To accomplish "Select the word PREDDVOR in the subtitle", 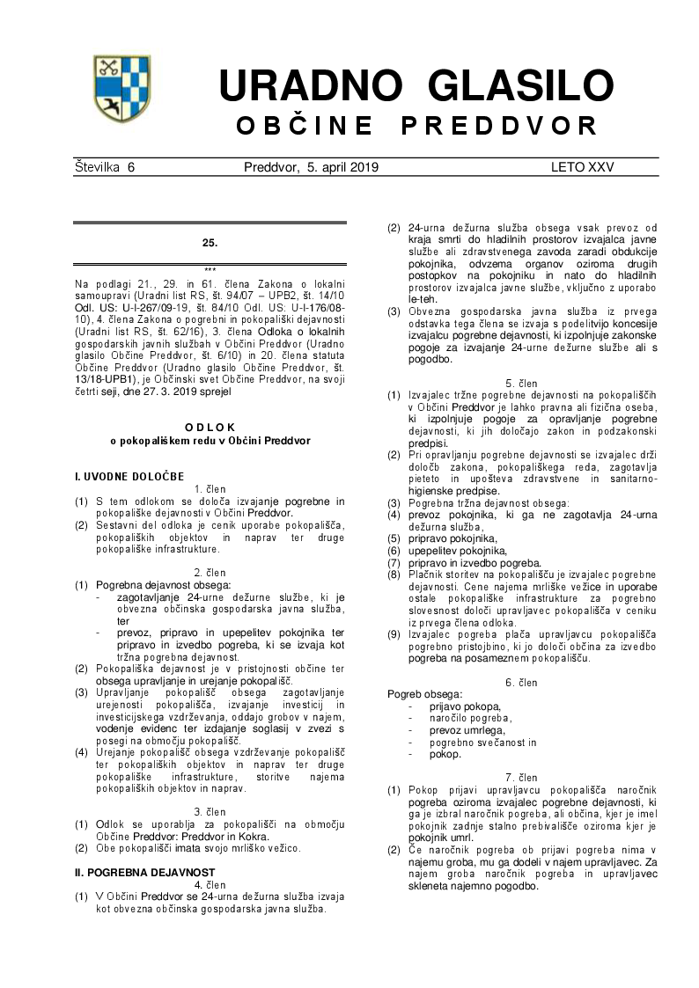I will [499, 126].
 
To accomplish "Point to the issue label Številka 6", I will [105, 167].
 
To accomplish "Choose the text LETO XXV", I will [582, 167].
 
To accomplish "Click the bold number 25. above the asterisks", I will [210, 242].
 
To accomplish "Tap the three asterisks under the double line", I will [210, 270].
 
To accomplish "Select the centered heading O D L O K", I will [210, 427].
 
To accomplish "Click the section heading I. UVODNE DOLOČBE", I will [129, 476].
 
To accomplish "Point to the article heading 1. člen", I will [210, 488].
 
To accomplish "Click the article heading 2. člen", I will [210, 573].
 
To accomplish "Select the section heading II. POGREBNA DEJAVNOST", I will [144, 872].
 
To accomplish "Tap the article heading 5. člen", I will [521, 383].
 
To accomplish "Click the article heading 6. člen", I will [521, 683].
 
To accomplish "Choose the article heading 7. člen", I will [521, 778].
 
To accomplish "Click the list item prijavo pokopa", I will [465, 706].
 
